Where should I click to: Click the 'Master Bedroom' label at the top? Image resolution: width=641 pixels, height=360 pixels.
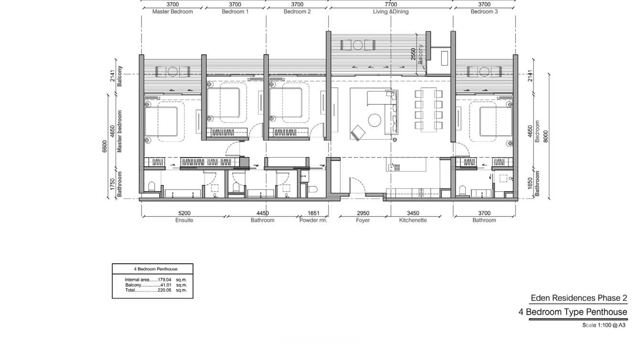[172, 12]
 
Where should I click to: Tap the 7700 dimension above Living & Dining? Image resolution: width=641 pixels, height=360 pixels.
[391, 4]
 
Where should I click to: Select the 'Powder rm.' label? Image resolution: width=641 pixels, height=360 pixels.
[313, 220]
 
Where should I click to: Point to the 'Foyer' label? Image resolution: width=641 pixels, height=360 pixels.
[363, 220]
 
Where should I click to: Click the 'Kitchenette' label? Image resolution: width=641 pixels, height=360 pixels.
[413, 220]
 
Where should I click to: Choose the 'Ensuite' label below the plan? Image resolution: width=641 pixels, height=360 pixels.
[184, 220]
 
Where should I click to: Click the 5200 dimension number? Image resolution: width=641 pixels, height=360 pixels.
[184, 213]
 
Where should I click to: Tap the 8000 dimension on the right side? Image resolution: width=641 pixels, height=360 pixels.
[545, 137]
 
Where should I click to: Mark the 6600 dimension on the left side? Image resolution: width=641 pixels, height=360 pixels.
[105, 147]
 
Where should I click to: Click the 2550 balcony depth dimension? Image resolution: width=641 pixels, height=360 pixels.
[413, 54]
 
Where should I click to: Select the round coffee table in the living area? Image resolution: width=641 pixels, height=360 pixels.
[374, 120]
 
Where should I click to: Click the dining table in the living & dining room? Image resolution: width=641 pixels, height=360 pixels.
[428, 109]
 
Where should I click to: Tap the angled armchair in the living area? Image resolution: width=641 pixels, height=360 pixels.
[358, 133]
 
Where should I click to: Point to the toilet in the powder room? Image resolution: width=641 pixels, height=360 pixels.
[312, 189]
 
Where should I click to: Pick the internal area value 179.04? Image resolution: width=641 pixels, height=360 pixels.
[164, 280]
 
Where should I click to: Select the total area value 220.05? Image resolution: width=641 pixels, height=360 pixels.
[164, 290]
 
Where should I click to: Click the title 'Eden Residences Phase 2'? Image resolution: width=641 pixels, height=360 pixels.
[579, 298]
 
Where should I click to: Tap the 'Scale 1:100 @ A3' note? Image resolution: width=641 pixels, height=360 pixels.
[604, 325]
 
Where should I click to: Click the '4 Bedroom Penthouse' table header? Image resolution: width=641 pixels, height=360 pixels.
[156, 269]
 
